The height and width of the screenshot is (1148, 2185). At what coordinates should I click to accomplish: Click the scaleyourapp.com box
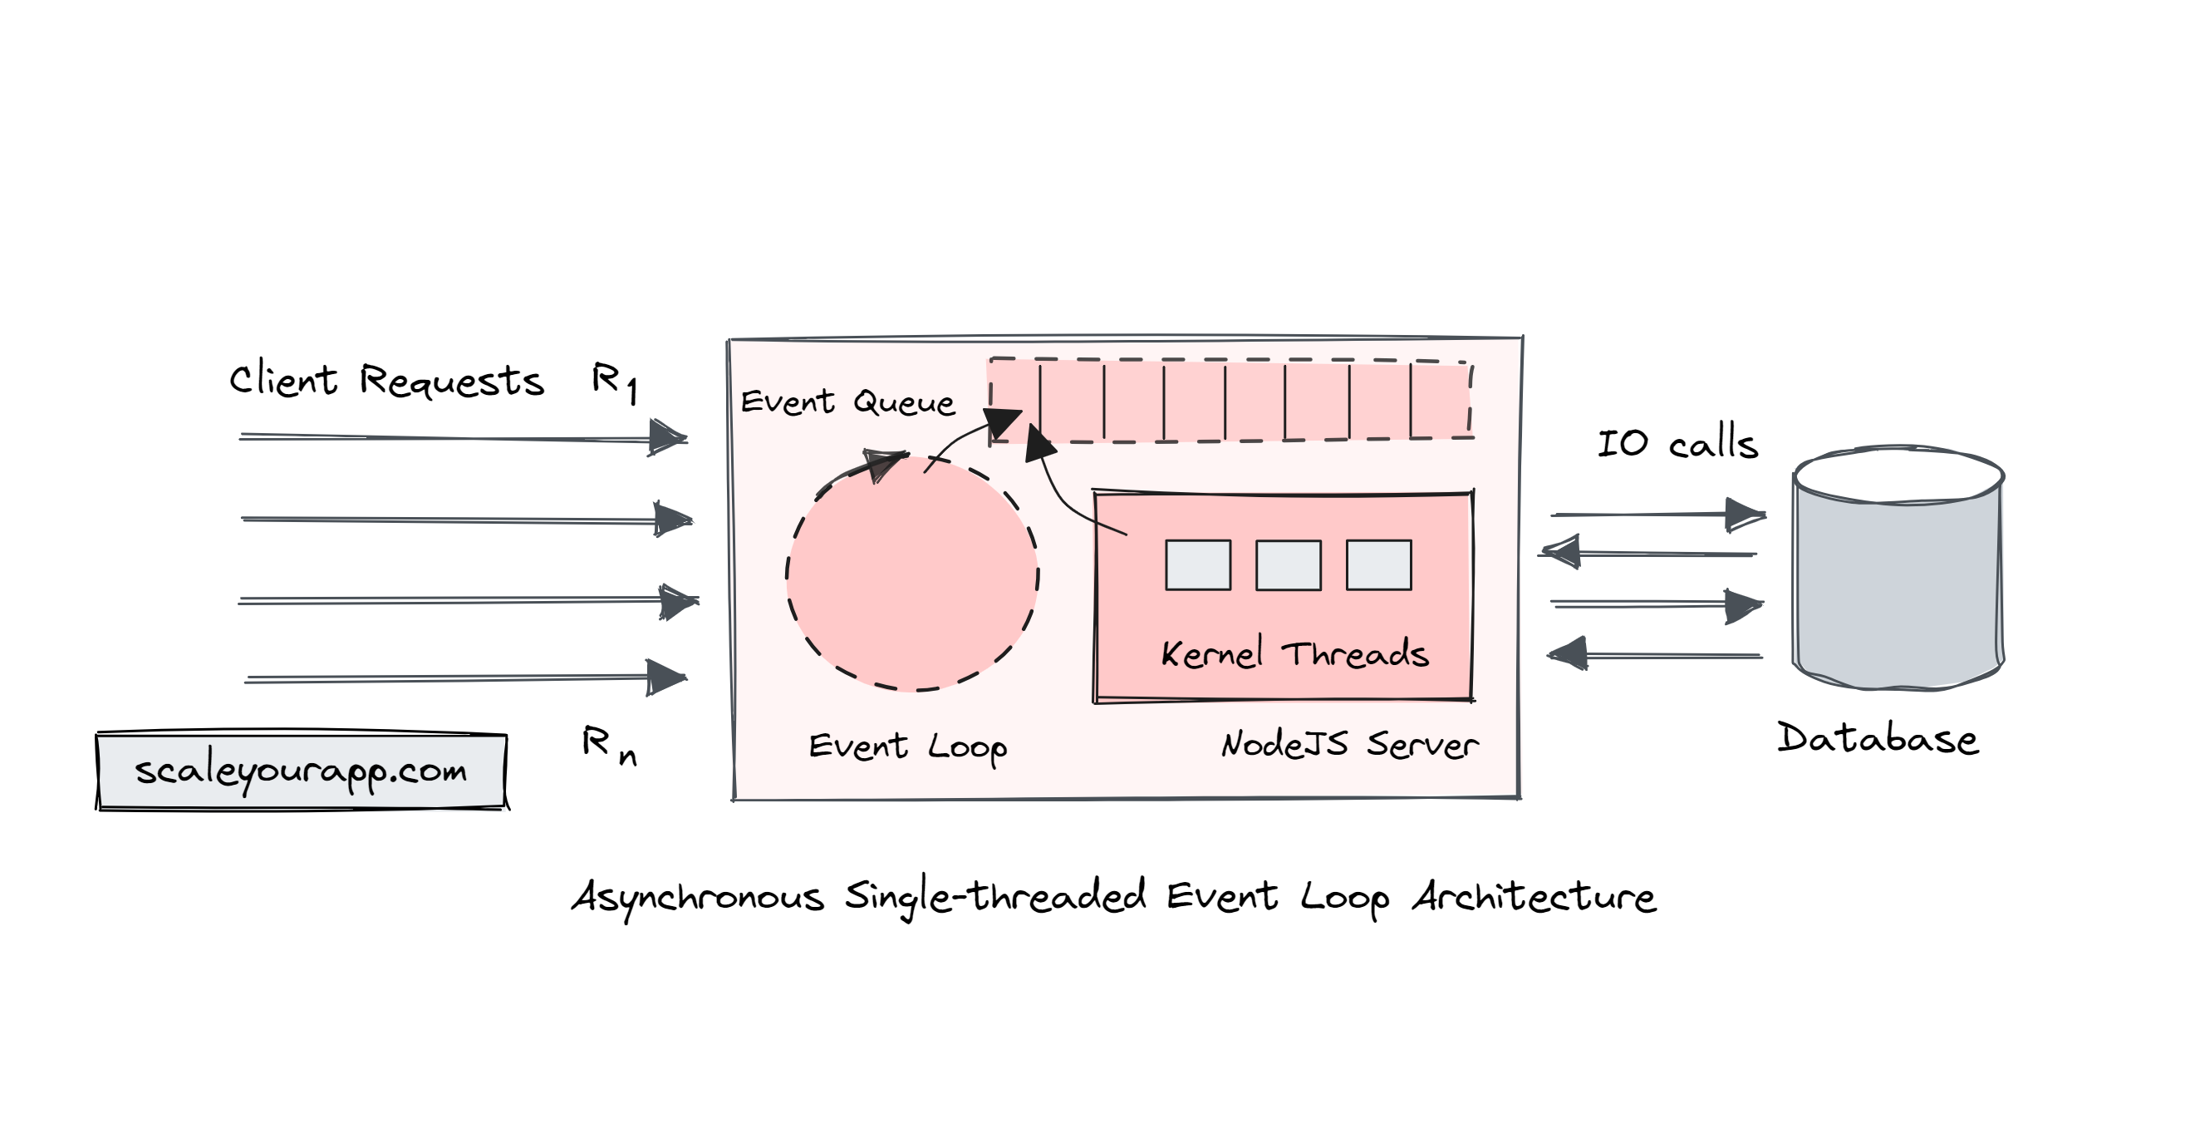click(x=301, y=771)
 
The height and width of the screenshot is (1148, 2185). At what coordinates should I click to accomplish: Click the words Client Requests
click(x=386, y=380)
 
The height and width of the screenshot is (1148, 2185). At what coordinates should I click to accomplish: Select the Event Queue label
click(x=847, y=402)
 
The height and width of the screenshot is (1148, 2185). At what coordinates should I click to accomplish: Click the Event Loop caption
click(x=906, y=746)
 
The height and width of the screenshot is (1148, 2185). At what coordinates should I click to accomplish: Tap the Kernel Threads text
click(x=1294, y=653)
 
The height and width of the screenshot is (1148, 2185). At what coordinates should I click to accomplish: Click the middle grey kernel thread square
click(x=1288, y=565)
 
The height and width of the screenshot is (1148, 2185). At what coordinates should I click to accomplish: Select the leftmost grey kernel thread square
click(x=1198, y=565)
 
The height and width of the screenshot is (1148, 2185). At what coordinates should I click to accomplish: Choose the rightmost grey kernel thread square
click(x=1378, y=565)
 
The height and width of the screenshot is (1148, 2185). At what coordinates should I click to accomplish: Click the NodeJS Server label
click(x=1349, y=745)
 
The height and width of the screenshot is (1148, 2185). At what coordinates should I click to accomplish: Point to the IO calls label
click(x=1677, y=444)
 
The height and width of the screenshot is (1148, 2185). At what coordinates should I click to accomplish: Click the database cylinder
click(x=1898, y=569)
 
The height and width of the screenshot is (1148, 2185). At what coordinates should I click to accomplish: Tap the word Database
click(x=1877, y=738)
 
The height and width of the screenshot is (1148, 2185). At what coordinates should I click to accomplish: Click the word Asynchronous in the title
click(x=697, y=898)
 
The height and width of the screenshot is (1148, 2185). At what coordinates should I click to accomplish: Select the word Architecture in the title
click(x=1534, y=897)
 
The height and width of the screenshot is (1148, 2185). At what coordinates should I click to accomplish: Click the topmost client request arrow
click(x=462, y=438)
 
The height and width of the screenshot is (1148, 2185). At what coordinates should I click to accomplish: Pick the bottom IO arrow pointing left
click(x=1654, y=655)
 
